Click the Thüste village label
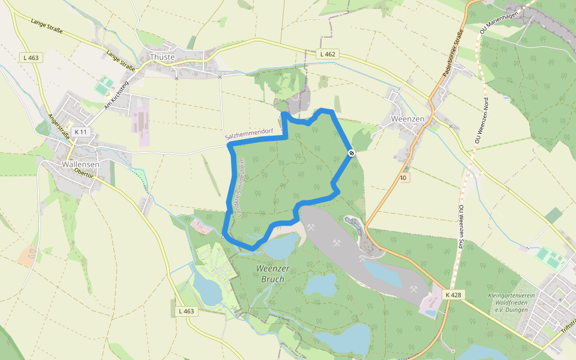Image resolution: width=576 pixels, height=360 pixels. (161, 57)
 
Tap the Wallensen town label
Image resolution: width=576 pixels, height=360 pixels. (80, 163)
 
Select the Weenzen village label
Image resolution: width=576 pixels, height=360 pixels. (407, 119)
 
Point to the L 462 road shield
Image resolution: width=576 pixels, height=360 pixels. (328, 54)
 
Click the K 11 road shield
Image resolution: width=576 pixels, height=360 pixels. (80, 131)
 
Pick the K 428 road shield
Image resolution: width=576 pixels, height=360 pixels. (454, 295)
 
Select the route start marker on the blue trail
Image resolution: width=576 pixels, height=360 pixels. (352, 153)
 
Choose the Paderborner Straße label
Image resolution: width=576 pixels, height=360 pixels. (453, 51)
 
